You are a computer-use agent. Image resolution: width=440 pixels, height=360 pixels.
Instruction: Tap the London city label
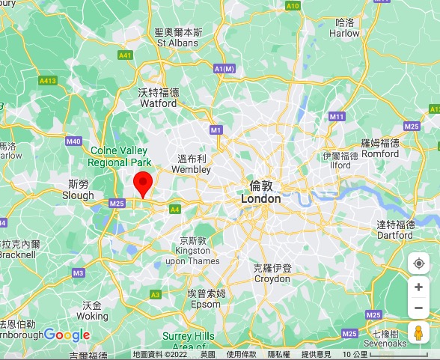pyautogui.click(x=261, y=193)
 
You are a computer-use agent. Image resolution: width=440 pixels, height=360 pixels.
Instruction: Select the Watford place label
pyautogui.click(x=159, y=98)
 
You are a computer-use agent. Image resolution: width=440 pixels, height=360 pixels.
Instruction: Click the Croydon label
pyautogui.click(x=272, y=273)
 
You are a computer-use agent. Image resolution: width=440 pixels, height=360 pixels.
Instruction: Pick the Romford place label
pyautogui.click(x=380, y=148)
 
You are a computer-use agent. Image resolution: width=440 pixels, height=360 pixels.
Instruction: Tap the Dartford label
pyautogui.click(x=395, y=230)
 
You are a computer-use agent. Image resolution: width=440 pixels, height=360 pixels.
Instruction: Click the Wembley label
pyautogui.click(x=192, y=165)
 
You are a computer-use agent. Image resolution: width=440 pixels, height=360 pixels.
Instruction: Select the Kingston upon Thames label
pyautogui.click(x=192, y=251)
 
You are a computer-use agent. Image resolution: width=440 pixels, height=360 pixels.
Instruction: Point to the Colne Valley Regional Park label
pyautogui.click(x=119, y=156)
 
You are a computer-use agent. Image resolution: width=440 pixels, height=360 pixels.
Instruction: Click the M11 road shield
pyautogui.click(x=336, y=117)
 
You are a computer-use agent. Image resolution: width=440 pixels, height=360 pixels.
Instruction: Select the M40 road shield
pyautogui.click(x=73, y=141)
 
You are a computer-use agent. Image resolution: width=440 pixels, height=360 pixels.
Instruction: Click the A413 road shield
pyautogui.click(x=48, y=80)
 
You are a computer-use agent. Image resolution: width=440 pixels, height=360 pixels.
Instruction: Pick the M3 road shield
pyautogui.click(x=79, y=273)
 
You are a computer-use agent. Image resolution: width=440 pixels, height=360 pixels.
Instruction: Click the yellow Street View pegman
pyautogui.click(x=418, y=332)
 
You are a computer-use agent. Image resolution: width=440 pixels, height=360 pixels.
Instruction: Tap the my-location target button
pyautogui.click(x=419, y=263)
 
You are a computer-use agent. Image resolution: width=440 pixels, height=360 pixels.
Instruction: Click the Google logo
pyautogui.click(x=67, y=335)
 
